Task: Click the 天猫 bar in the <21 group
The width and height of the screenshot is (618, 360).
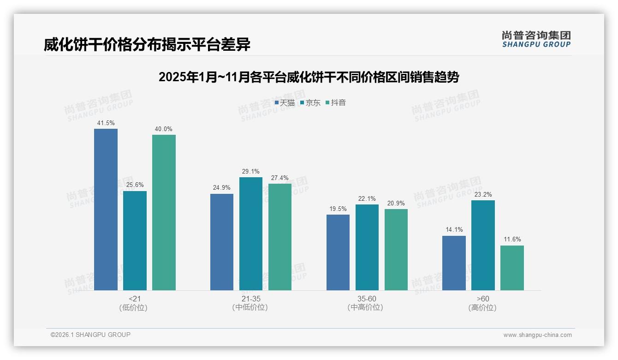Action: click(x=106, y=210)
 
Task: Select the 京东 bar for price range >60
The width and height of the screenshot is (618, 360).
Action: click(x=483, y=245)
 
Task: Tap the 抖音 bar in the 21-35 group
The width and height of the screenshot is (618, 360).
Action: click(x=280, y=237)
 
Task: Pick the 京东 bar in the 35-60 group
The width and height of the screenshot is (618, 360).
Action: click(x=367, y=247)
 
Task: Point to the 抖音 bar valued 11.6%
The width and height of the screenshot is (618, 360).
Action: click(x=512, y=268)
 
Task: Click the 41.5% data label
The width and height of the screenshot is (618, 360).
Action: click(x=106, y=123)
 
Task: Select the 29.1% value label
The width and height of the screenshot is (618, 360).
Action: click(x=251, y=172)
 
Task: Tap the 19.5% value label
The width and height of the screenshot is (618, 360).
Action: click(x=338, y=209)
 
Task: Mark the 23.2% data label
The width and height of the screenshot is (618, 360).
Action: click(x=483, y=195)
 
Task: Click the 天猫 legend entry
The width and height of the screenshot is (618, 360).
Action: click(x=285, y=102)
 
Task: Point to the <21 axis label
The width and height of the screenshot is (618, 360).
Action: click(x=135, y=299)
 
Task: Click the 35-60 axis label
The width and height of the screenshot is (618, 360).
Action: click(x=367, y=299)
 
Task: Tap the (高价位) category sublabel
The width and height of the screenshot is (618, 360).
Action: click(x=482, y=308)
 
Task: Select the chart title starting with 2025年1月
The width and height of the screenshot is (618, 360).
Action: click(x=309, y=77)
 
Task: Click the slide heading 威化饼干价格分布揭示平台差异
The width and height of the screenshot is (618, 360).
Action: click(x=147, y=44)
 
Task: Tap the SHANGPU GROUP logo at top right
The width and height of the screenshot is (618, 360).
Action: click(x=536, y=39)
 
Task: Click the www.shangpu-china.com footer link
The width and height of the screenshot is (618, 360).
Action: click(x=537, y=335)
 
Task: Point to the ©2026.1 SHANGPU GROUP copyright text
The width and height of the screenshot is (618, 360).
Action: click(x=90, y=335)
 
